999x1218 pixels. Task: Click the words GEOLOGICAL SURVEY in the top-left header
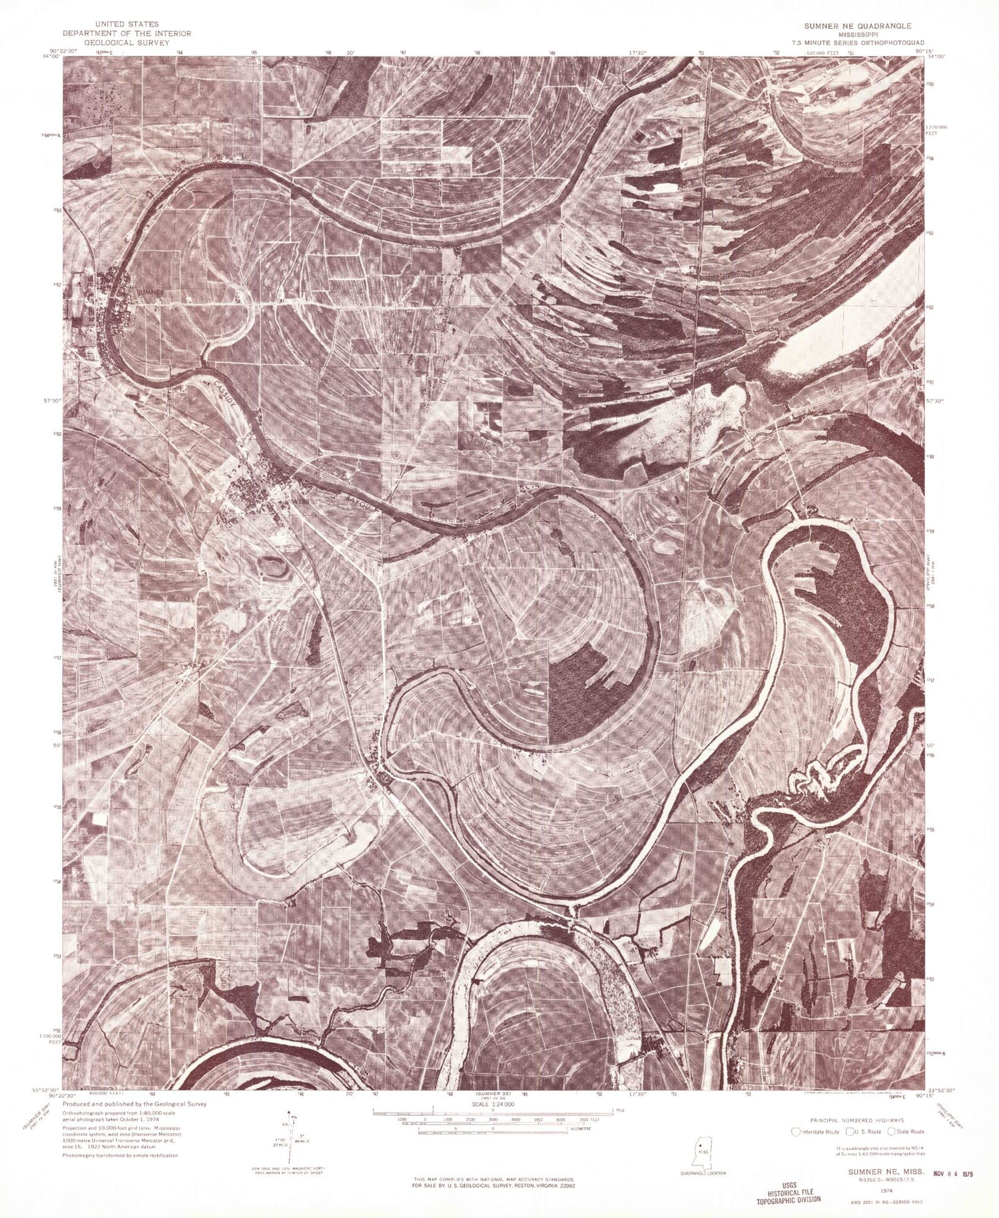pos(127,41)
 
